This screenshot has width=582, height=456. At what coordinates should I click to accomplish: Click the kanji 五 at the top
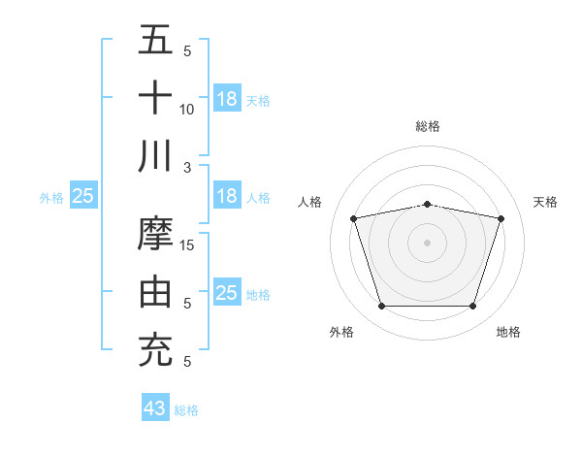pyautogui.click(x=156, y=41)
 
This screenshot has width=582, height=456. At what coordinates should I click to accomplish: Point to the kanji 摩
pyautogui.click(x=156, y=234)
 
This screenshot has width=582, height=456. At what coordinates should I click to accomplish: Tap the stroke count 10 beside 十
pyautogui.click(x=187, y=109)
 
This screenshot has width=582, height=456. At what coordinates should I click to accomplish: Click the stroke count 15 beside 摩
pyautogui.click(x=188, y=244)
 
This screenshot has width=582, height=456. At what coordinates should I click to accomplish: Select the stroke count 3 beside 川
pyautogui.click(x=187, y=167)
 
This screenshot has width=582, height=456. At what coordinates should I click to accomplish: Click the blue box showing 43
pyautogui.click(x=155, y=408)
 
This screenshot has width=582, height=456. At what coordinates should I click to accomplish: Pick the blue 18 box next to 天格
pyautogui.click(x=226, y=99)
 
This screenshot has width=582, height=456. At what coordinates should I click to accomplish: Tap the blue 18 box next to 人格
pyautogui.click(x=226, y=196)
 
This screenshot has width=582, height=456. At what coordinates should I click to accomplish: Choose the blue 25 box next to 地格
pyautogui.click(x=226, y=293)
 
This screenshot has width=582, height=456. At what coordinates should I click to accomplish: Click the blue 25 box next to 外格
pyautogui.click(x=82, y=196)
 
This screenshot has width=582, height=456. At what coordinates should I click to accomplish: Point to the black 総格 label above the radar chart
pyautogui.click(x=428, y=126)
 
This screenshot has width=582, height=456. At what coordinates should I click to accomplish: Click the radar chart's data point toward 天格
pyautogui.click(x=501, y=218)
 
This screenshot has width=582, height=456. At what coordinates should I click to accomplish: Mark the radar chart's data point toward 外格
pyautogui.click(x=381, y=307)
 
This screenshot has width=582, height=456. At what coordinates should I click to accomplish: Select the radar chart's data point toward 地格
pyautogui.click(x=473, y=307)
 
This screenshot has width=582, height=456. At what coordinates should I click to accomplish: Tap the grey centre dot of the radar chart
pyautogui.click(x=427, y=243)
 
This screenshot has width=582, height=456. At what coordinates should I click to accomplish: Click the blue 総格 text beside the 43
pyautogui.click(x=186, y=410)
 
